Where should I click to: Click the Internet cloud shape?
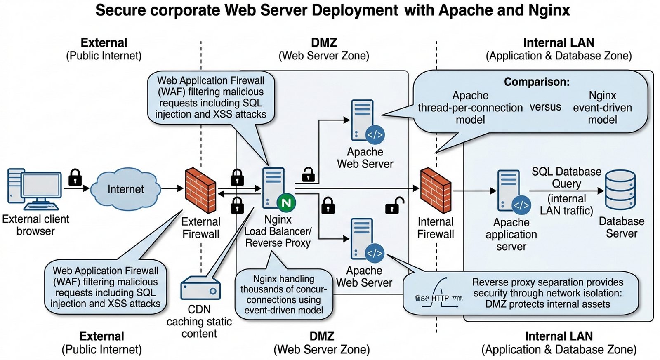click(125, 189)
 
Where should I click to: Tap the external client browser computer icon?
click(35, 189)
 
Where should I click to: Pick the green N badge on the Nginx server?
click(286, 202)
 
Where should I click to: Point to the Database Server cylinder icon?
click(620, 190)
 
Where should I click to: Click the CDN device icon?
click(200, 288)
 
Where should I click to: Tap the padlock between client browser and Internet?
click(75, 177)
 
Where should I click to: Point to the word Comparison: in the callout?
click(537, 82)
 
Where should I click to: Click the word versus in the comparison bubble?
click(545, 107)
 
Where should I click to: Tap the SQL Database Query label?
click(566, 177)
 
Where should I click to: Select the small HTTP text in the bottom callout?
click(440, 298)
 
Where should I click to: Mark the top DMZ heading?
click(324, 42)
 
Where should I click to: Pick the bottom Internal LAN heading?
click(559, 336)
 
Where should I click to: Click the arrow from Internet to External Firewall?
click(172, 188)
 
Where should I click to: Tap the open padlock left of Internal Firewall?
click(394, 205)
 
